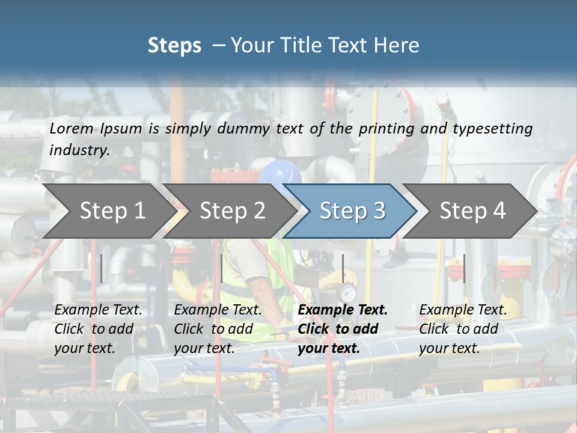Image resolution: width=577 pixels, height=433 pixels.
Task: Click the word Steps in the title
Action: pos(174,46)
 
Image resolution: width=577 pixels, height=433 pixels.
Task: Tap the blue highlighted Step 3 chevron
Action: pos(352,210)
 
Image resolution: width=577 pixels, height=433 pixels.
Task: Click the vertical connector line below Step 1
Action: pos(102,268)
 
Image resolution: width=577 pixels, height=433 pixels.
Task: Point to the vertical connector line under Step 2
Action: pos(222,268)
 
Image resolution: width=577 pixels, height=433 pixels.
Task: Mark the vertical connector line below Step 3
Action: pos(343,268)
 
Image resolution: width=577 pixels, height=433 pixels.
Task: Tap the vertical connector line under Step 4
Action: pos(464,268)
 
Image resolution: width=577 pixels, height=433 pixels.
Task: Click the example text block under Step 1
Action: pos(98,329)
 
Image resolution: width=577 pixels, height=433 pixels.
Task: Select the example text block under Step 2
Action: pos(218,329)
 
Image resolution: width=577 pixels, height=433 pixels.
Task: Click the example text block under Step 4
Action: pos(463,329)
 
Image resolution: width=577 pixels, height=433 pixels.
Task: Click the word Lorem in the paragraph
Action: pos(72,128)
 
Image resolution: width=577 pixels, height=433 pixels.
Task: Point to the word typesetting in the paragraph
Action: pos(492,129)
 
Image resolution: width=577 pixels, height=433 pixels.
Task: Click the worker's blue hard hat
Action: pos(281,173)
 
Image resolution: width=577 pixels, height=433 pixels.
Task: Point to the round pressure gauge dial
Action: pos(347,293)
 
